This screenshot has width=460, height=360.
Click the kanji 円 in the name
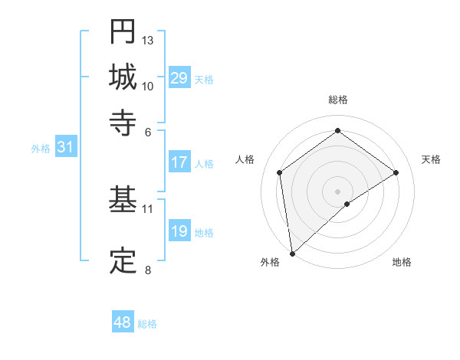(x=123, y=31)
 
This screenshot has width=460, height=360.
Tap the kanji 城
(x=123, y=77)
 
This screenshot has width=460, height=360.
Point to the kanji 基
(x=123, y=200)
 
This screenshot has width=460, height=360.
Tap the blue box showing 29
(x=179, y=78)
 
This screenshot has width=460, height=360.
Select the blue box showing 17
(x=179, y=162)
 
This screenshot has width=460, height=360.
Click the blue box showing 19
(x=179, y=231)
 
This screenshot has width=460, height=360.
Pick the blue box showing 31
(x=65, y=148)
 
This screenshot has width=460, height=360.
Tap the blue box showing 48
(x=123, y=322)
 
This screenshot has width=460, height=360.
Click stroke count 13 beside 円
(x=148, y=40)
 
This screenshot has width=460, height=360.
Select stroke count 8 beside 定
(x=148, y=269)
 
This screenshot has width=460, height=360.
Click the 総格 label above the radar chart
(x=338, y=100)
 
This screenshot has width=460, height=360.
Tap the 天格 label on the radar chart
(x=431, y=159)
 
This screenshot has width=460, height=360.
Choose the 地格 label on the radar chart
(x=402, y=262)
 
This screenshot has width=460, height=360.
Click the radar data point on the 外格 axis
(x=292, y=253)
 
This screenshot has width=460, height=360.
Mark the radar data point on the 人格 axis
(x=280, y=172)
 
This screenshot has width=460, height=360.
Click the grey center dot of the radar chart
(x=338, y=190)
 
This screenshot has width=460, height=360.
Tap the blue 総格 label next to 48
(x=147, y=324)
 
